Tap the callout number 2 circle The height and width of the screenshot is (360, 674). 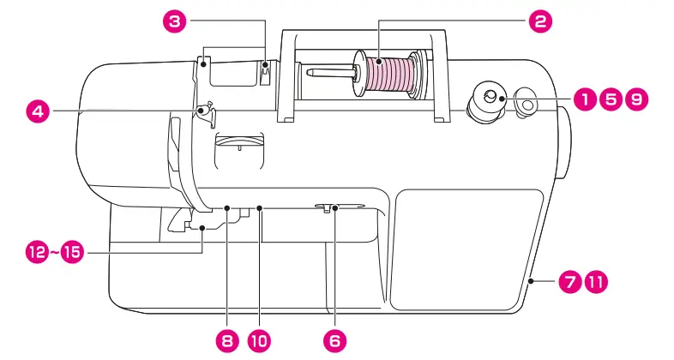click(x=539, y=21)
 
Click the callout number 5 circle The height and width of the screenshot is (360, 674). click(x=611, y=99)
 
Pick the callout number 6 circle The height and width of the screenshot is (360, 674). click(x=334, y=340)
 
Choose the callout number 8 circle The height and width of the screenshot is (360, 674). click(x=226, y=340)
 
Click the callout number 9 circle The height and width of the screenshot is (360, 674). click(x=636, y=99)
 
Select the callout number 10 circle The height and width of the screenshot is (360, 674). click(x=259, y=340)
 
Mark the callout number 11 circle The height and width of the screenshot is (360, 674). click(x=594, y=280)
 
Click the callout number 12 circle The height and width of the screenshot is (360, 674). click(x=37, y=253)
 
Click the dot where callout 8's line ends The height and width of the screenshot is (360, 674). click(x=226, y=207)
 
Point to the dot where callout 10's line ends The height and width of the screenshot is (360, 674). click(x=259, y=207)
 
